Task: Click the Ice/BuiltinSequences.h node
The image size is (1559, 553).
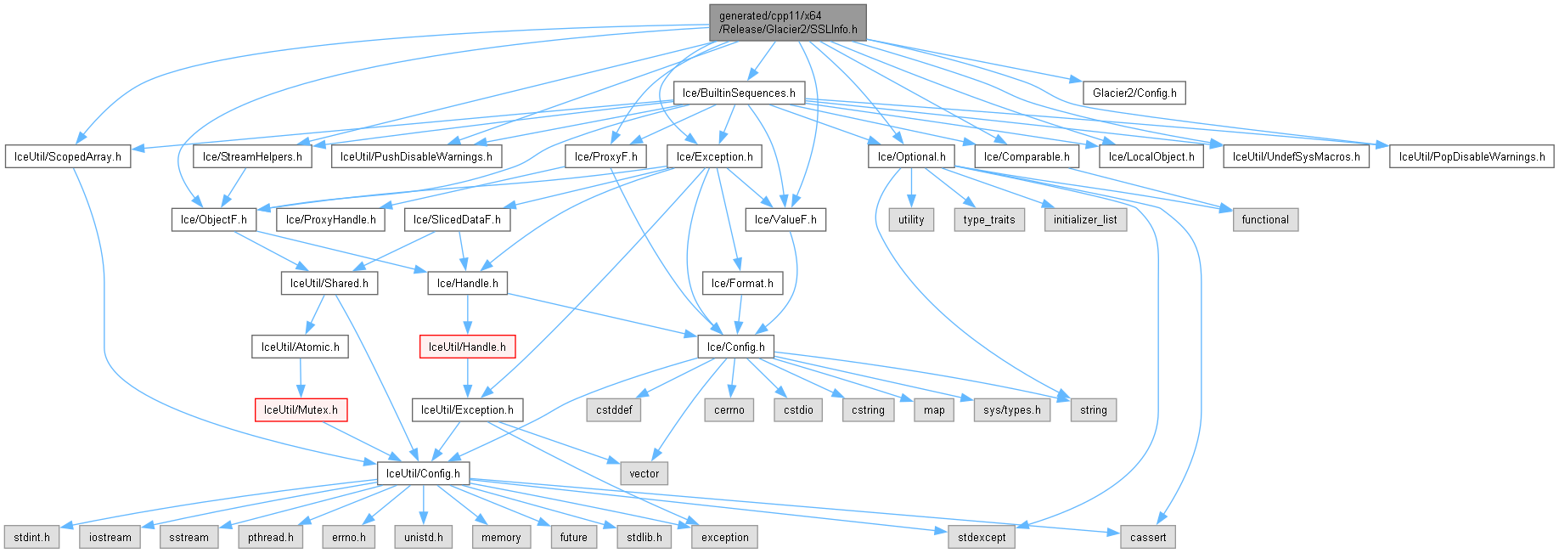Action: pyautogui.click(x=739, y=93)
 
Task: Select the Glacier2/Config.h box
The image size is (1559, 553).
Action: pyautogui.click(x=1134, y=93)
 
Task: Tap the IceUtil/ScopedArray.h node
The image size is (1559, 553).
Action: pyautogui.click(x=68, y=156)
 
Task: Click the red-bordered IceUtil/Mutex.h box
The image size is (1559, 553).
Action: pyautogui.click(x=301, y=409)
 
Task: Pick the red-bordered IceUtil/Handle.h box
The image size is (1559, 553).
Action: pyautogui.click(x=467, y=347)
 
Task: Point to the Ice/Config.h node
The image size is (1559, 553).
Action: pyautogui.click(x=735, y=347)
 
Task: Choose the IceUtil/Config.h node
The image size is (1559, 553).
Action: pyautogui.click(x=423, y=473)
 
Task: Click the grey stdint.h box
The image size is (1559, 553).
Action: pyautogui.click(x=31, y=537)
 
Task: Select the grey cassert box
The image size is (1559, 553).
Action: pyautogui.click(x=1148, y=537)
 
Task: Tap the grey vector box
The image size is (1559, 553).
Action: pyautogui.click(x=644, y=473)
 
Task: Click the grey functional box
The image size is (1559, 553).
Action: pyautogui.click(x=1265, y=219)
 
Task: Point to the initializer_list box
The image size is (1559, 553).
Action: pyautogui.click(x=1085, y=219)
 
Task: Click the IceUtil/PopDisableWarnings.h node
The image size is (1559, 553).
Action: pyautogui.click(x=1472, y=156)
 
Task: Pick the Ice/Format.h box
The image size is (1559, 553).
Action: pyautogui.click(x=742, y=283)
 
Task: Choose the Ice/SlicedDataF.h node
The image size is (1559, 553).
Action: pyautogui.click(x=457, y=219)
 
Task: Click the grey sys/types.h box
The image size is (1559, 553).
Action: pyautogui.click(x=1012, y=409)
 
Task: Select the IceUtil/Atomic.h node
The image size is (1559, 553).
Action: pyautogui.click(x=300, y=347)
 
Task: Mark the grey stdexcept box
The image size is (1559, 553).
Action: pyautogui.click(x=982, y=537)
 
